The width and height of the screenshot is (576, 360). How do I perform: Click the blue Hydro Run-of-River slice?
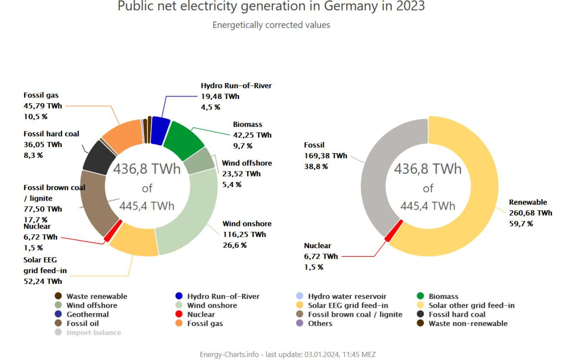click(160, 131)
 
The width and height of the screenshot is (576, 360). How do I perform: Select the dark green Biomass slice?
click(183, 141)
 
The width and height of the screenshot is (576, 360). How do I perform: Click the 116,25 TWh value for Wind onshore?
click(244, 235)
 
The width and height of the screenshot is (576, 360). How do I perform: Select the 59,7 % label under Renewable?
click(521, 224)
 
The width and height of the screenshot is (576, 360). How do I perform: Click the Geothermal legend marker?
click(58, 314)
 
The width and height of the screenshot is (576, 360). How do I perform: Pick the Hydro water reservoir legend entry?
click(347, 297)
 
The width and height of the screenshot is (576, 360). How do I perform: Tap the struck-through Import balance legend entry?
click(93, 332)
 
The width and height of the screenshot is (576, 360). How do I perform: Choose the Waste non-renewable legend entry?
click(468, 324)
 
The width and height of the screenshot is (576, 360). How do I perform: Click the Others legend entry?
click(320, 324)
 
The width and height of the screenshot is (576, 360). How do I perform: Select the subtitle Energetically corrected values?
click(271, 25)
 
